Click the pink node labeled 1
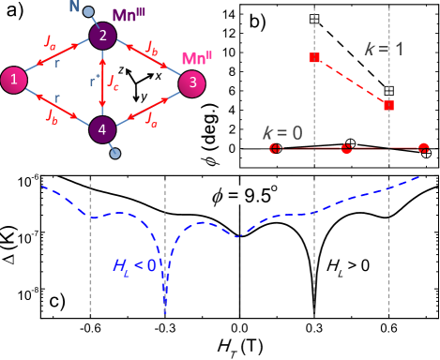[x=13, y=80]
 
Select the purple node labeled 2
[x=102, y=36]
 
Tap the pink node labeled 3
[x=191, y=83]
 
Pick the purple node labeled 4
[x=102, y=129]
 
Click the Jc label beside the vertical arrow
[x=114, y=82]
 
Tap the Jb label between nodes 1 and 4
[x=53, y=115]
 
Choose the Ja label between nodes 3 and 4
[x=151, y=119]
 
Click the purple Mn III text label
[x=129, y=15]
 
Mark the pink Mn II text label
[x=196, y=58]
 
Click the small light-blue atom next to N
[x=88, y=12]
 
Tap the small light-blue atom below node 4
[x=115, y=153]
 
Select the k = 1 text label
[x=384, y=49]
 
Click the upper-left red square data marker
[x=314, y=57]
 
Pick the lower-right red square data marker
[x=388, y=105]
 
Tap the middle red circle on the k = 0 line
[x=346, y=148]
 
